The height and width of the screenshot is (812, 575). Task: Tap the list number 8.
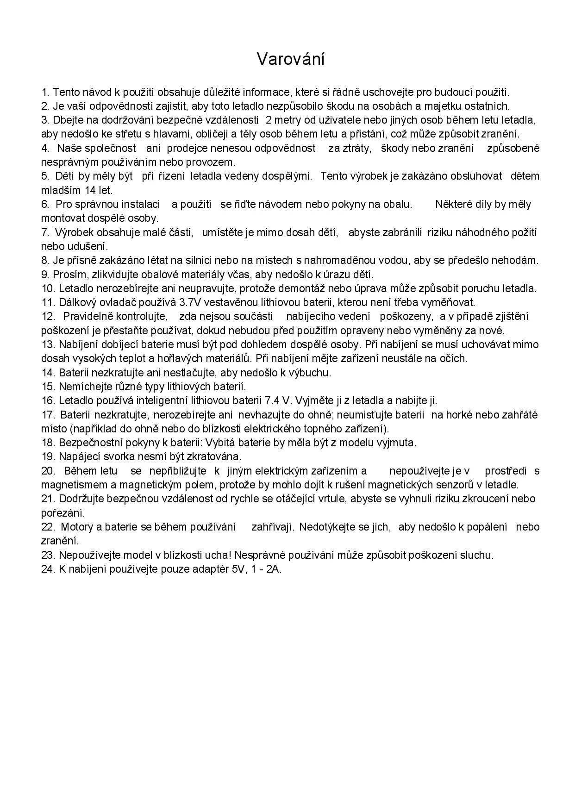click(45, 260)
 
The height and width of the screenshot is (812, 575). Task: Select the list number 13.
click(48, 344)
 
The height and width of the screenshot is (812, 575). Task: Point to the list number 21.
click(48, 499)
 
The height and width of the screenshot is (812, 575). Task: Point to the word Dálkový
click(77, 302)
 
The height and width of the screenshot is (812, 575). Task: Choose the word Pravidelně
click(89, 316)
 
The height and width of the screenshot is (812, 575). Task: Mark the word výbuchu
click(312, 372)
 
